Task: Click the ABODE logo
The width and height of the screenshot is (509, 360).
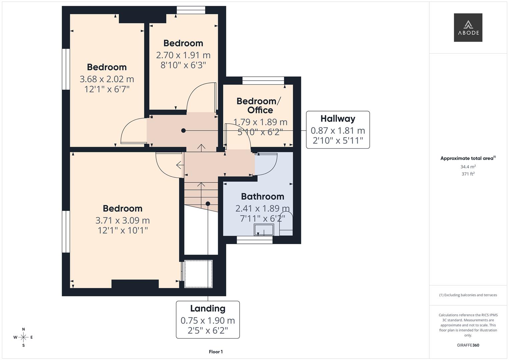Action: coord(468,27)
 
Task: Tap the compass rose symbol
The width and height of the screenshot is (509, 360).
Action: coord(23,337)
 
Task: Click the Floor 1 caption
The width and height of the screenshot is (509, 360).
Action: coord(216,352)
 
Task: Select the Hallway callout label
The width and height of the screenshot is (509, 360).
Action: coord(338,119)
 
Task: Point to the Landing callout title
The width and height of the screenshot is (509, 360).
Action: coord(208,308)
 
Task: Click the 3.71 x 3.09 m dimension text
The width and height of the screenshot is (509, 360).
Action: coord(122,220)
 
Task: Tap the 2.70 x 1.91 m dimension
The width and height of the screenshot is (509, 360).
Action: coord(183,55)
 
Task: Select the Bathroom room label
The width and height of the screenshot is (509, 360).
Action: coord(262,196)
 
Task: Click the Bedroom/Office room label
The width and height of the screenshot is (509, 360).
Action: coord(259,105)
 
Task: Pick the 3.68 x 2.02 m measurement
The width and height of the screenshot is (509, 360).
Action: coord(107,79)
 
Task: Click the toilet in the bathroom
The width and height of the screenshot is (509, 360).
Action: coord(286,224)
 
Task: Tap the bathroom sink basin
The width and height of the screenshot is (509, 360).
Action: coord(264,230)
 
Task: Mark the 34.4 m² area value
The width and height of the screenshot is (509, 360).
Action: coord(468,167)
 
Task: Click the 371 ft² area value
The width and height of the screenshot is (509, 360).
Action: coord(468,174)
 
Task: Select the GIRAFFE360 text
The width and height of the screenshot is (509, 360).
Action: coord(468,345)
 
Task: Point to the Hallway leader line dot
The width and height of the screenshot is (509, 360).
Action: coord(183,130)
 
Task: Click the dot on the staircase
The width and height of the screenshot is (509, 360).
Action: coord(208,204)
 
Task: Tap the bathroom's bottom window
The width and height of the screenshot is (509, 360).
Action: coord(255,240)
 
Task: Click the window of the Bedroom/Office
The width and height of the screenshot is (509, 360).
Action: coord(263,81)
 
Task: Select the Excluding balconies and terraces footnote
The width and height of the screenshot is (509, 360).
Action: coord(468,295)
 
